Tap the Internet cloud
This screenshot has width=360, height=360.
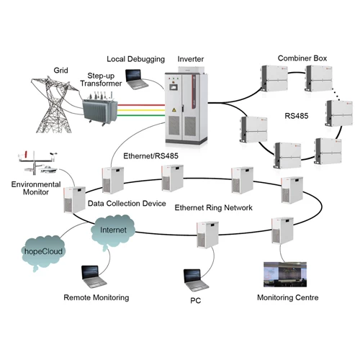point(113,230)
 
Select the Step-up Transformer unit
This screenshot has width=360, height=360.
point(99,108)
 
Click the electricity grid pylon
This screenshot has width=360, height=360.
point(55,104)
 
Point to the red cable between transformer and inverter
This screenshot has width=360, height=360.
point(141,105)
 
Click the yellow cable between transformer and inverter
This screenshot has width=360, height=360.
point(141,110)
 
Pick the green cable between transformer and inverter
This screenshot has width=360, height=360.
point(141,115)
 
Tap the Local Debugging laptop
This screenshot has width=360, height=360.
point(136,79)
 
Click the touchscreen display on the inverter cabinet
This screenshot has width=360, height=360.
point(174,87)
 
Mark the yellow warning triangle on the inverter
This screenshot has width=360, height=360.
point(174,110)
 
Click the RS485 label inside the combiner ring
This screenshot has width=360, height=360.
point(297,116)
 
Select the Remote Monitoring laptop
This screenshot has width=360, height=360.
point(94,276)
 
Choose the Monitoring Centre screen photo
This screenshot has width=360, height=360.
point(285,274)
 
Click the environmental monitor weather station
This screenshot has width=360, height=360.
point(38,163)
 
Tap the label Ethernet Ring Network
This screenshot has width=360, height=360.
point(213,207)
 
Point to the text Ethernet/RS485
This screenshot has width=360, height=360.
point(150,156)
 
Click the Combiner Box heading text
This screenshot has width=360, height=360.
point(302,58)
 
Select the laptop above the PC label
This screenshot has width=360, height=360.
point(196,280)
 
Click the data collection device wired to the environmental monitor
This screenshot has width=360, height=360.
point(75,199)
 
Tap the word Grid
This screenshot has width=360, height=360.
point(60,71)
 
